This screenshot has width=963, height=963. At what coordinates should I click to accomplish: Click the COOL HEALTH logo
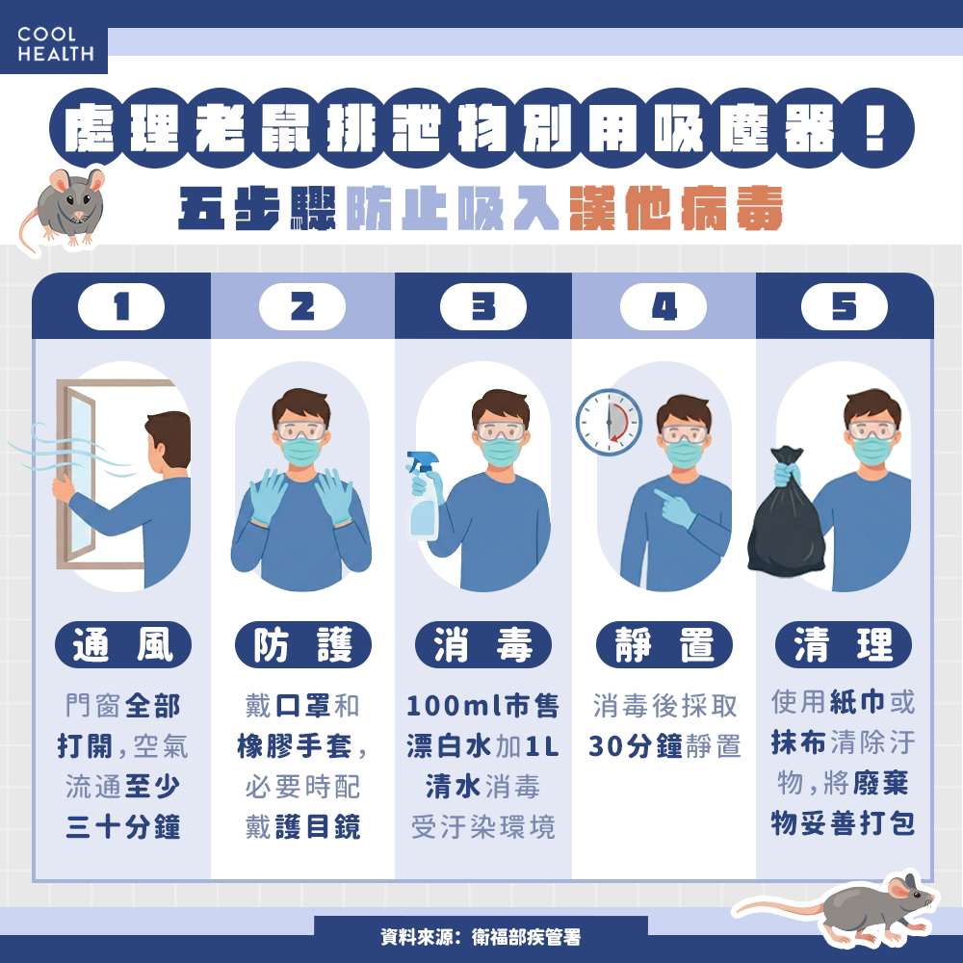[x=55, y=45]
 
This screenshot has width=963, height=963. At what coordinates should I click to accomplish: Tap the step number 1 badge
[x=120, y=306]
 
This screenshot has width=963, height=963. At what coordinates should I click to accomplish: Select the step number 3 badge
[x=482, y=306]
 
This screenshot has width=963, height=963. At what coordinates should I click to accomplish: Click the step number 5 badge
[x=844, y=306]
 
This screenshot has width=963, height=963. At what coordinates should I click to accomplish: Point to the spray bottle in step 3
[x=424, y=496]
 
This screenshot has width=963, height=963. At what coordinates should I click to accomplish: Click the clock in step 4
[x=609, y=422]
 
